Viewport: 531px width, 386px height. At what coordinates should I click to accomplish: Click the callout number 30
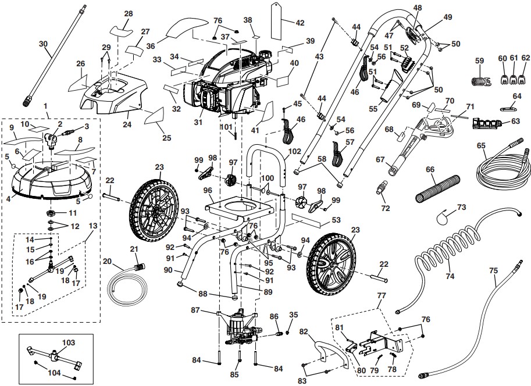pyautogui.click(x=43, y=44)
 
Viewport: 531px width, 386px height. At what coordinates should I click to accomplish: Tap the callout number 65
pyautogui.click(x=480, y=145)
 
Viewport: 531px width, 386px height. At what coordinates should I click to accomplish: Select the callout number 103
pyautogui.click(x=69, y=343)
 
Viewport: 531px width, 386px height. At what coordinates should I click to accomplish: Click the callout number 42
pyautogui.click(x=300, y=23)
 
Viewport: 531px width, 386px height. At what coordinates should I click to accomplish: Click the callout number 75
pyautogui.click(x=493, y=270)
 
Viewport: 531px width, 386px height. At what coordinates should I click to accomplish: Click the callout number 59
pyautogui.click(x=479, y=60)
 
